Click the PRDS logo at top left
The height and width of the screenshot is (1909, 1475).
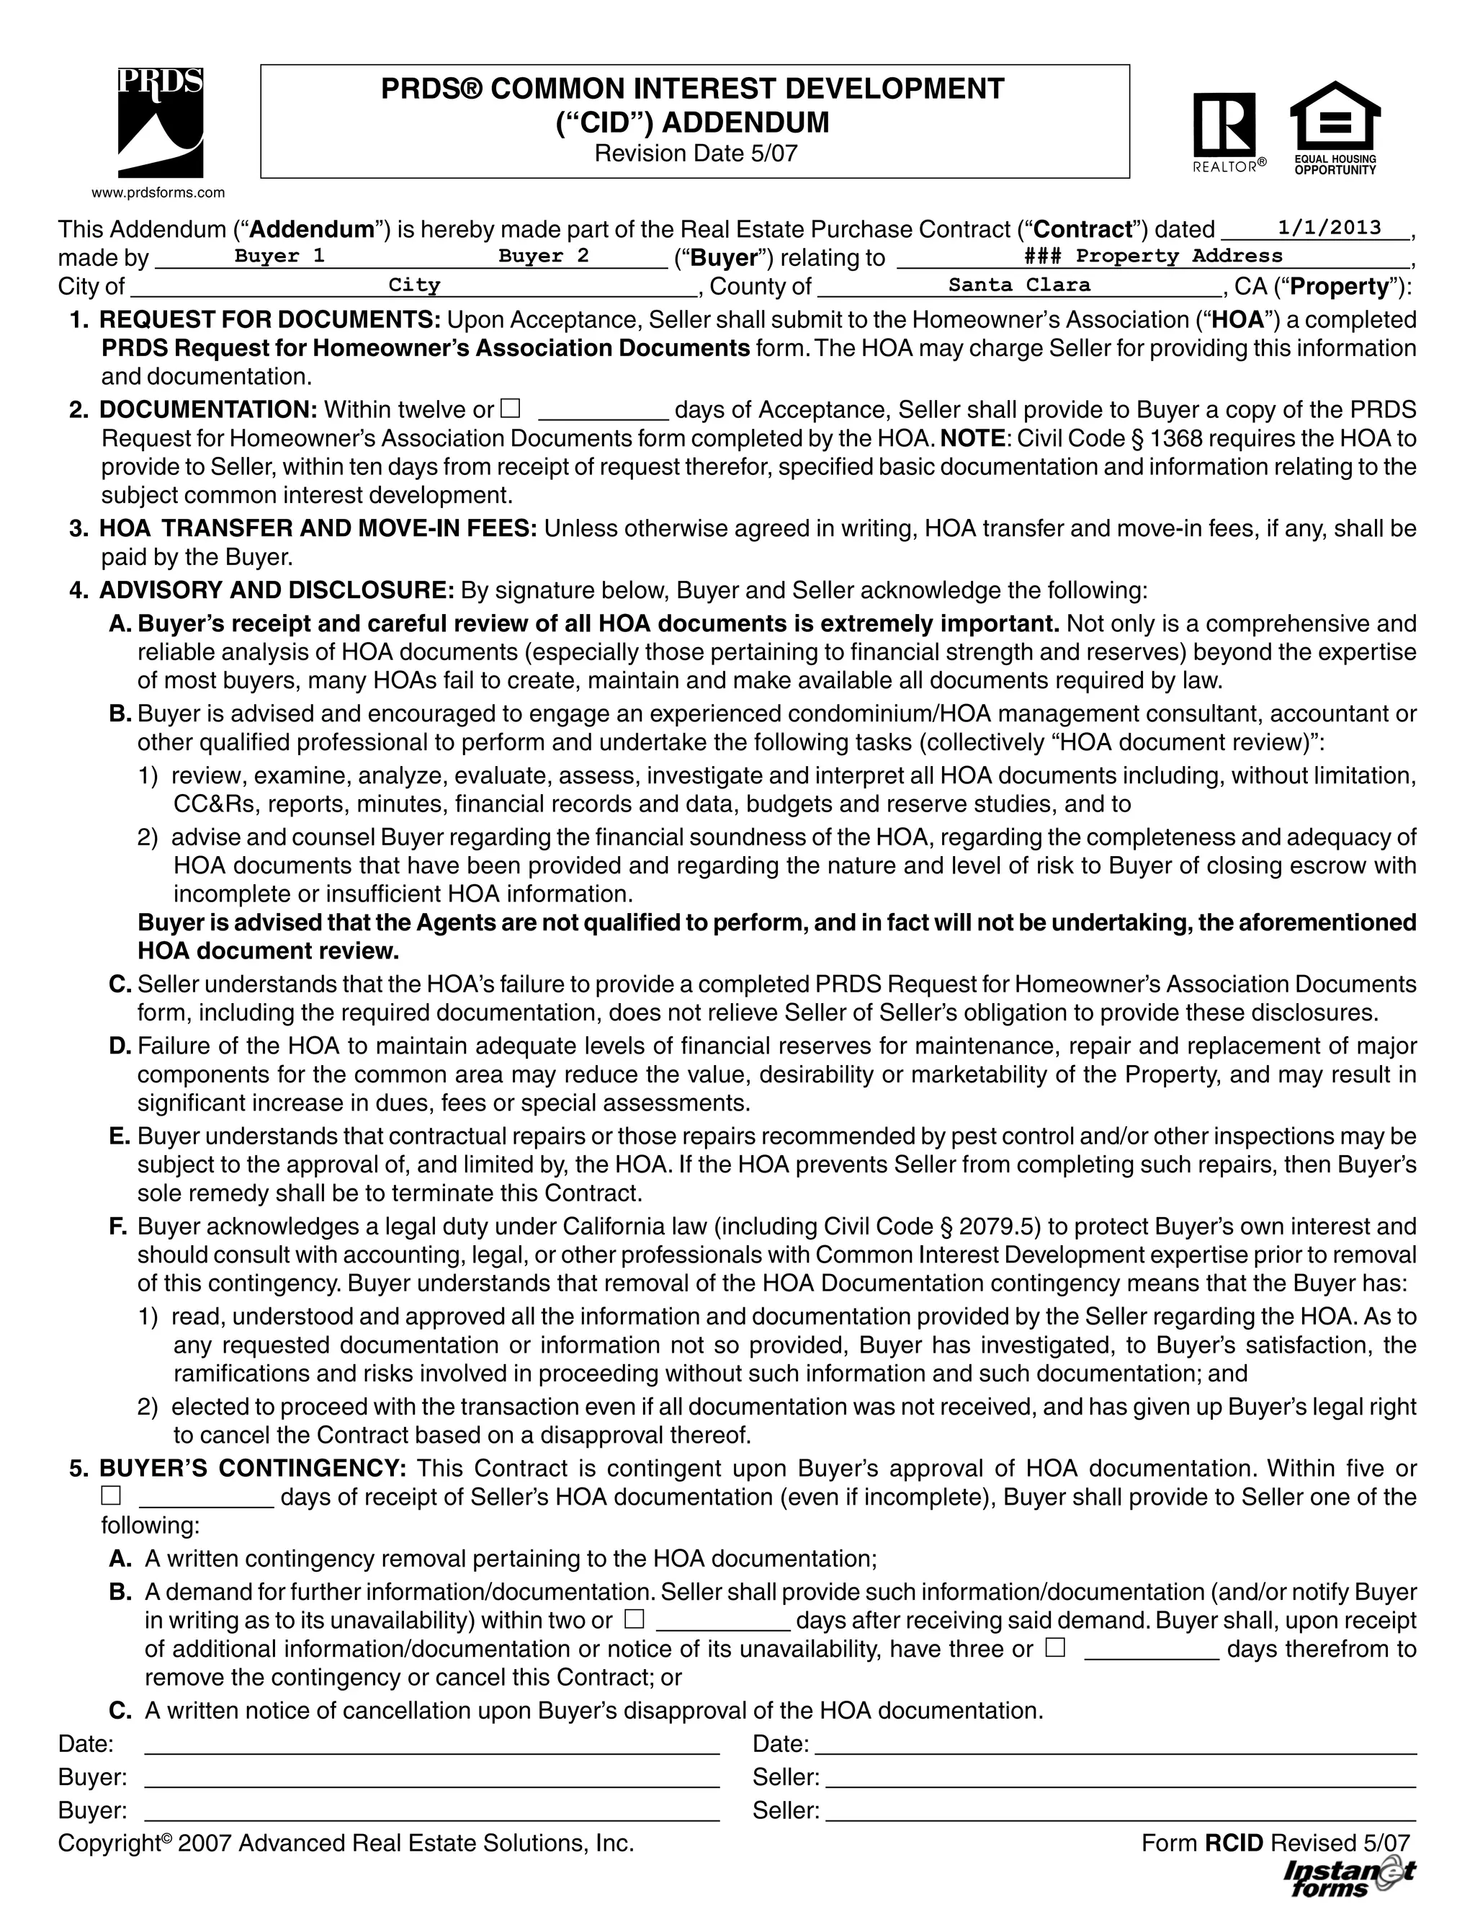(x=160, y=123)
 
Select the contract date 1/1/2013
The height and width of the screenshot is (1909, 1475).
(x=1328, y=228)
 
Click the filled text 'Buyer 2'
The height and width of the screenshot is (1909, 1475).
(x=544, y=256)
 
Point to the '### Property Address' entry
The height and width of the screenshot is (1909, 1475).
(x=1152, y=256)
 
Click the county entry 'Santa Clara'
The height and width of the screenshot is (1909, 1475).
(x=1019, y=285)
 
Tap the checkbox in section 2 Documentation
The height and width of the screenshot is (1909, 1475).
(x=511, y=408)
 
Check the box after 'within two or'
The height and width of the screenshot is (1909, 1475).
(x=635, y=1619)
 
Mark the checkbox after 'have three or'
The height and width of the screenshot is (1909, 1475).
(x=1056, y=1647)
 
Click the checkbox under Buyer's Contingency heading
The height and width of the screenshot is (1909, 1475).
(x=111, y=1495)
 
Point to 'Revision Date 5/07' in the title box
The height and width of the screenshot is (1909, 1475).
(x=696, y=153)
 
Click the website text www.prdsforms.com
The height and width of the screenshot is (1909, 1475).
(x=159, y=193)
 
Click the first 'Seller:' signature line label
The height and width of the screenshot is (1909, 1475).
(x=786, y=1777)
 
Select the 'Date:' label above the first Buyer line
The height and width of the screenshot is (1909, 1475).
(x=86, y=1744)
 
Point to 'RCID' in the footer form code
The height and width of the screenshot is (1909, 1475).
(x=1234, y=1843)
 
